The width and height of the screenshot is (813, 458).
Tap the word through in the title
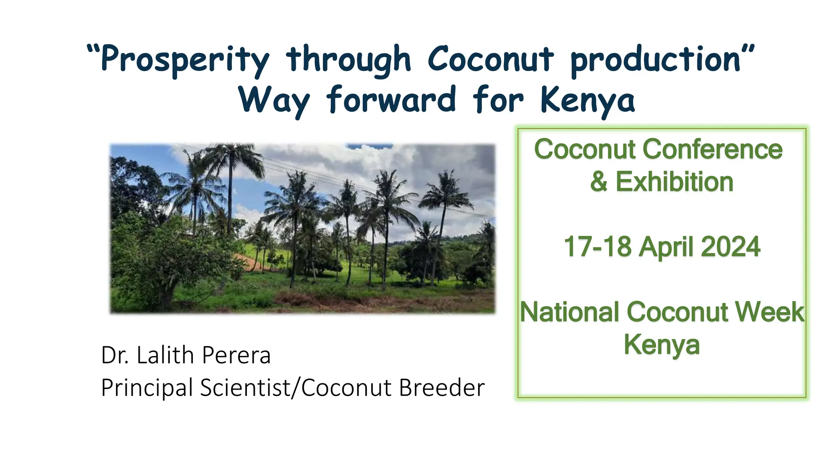[349, 60]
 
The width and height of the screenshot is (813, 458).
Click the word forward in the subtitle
[391, 99]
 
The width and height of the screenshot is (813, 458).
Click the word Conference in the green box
[713, 149]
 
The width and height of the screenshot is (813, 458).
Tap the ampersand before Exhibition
[599, 182]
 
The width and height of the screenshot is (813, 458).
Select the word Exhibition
[674, 182]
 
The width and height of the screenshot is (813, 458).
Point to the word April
[667, 247]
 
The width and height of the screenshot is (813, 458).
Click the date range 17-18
[597, 247]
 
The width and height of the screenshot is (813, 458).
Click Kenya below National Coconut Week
[661, 345]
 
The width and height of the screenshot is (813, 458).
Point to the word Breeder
[441, 388]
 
